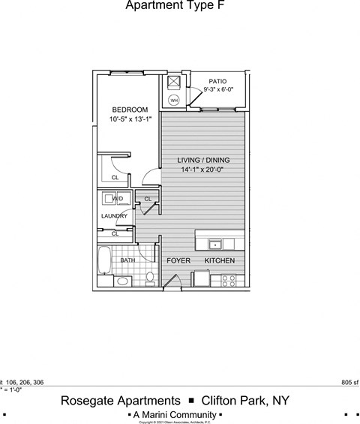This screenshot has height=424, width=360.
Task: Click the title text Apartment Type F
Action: coord(174,7)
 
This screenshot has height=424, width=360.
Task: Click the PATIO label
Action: coord(217,81)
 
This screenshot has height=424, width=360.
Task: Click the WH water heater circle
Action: coord(174,99)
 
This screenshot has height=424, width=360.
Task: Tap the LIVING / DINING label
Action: coord(203,161)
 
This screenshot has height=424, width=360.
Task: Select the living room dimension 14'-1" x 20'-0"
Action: coord(202,170)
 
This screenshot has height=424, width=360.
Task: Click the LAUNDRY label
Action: coord(115,216)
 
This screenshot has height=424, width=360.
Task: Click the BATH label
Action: coord(127,260)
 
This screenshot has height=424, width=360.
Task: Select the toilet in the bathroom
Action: coord(150,278)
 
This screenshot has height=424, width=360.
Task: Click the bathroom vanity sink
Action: coord(121,281)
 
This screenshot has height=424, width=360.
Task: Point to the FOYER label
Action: coord(178,260)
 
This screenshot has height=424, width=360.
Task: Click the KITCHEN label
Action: coord(220,260)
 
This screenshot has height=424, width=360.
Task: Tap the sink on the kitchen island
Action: coord(214,244)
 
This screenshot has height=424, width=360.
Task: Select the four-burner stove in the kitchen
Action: coord(229,280)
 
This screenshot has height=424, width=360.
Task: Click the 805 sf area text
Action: coord(349,382)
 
